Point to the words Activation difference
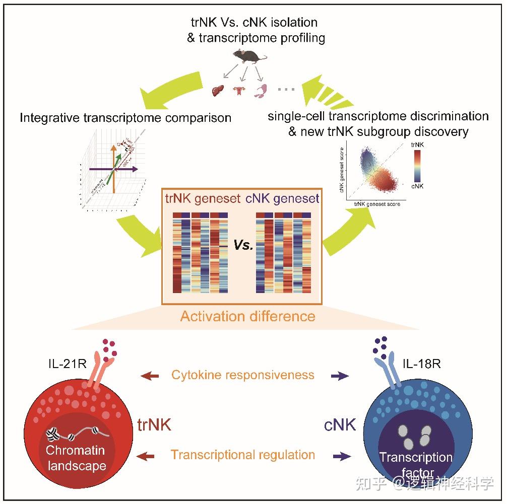click(247, 316)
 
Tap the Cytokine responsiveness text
click(243, 375)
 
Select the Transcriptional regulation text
click(243, 455)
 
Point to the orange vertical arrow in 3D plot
click(113, 166)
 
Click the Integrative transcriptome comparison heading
click(125, 118)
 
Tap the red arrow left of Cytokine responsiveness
click(150, 376)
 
